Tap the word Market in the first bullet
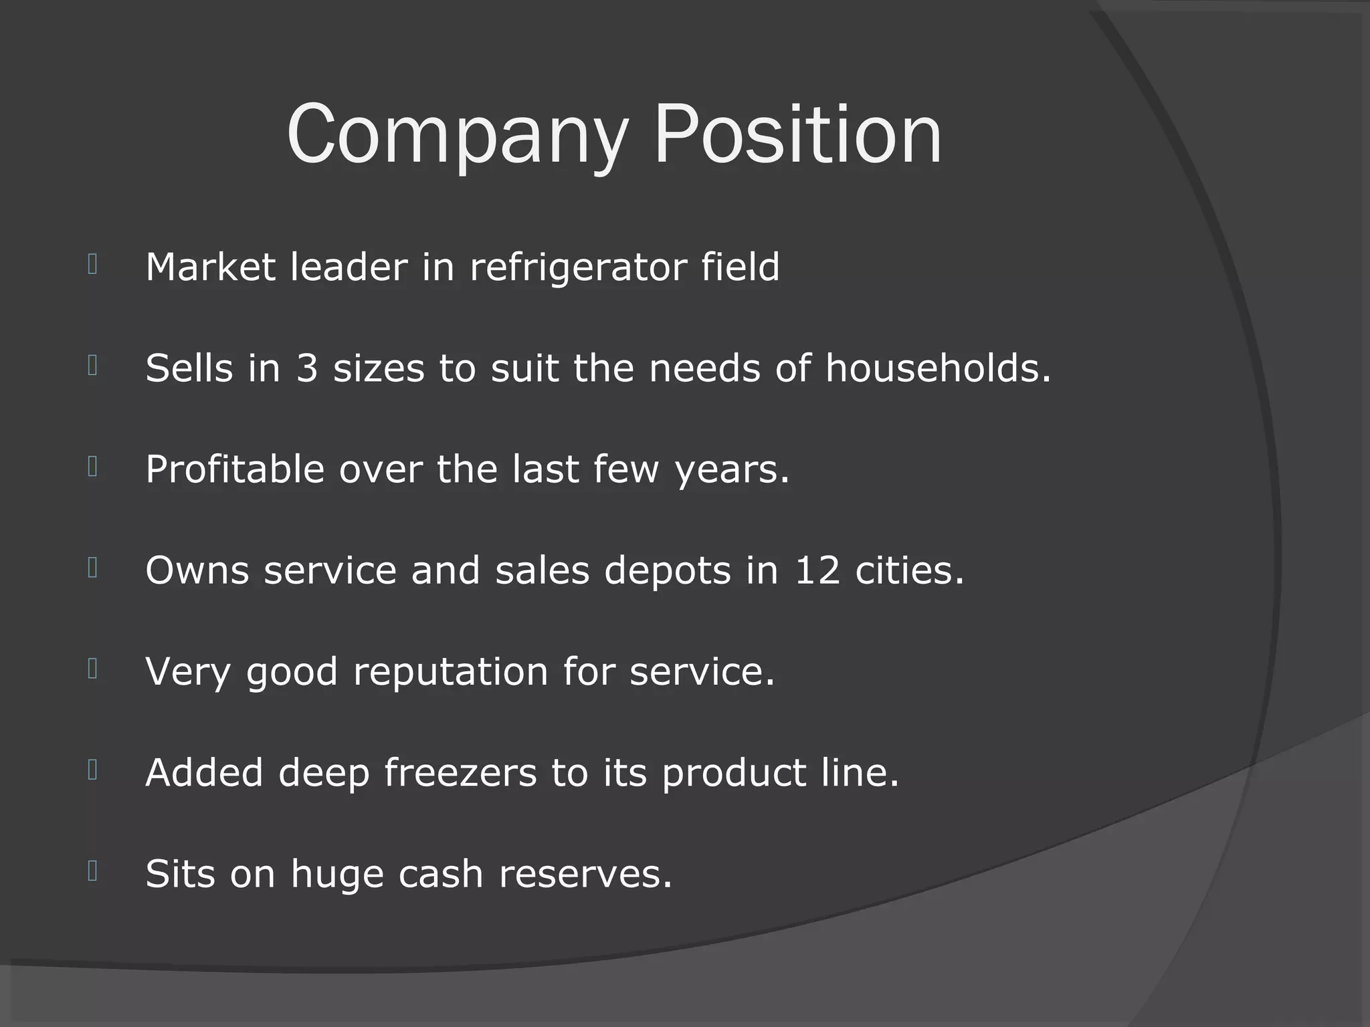coord(210,267)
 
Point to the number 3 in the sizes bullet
coord(307,368)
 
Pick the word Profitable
coord(235,469)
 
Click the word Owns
coord(197,570)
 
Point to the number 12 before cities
coord(817,570)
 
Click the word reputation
coord(450,672)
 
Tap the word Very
coord(188,672)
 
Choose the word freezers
coord(460,773)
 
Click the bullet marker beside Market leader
coord(93,265)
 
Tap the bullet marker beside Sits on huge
coord(93,871)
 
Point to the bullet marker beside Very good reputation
coord(93,669)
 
